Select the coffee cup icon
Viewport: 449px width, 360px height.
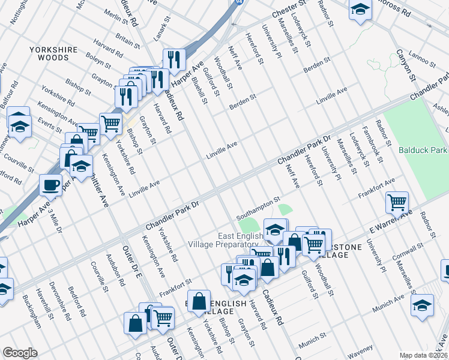51,184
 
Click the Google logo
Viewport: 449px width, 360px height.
20,353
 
